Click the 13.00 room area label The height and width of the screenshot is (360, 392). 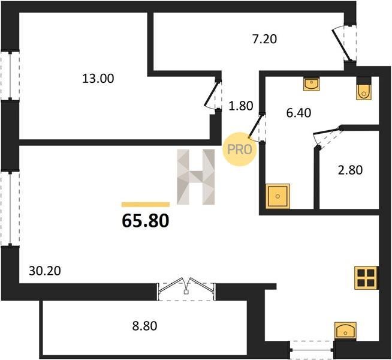click(x=98, y=79)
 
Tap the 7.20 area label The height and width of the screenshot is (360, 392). click(x=264, y=39)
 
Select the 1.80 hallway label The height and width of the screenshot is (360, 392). click(x=241, y=106)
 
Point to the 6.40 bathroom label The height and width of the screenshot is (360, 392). click(x=298, y=113)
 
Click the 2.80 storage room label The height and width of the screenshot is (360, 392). click(x=350, y=170)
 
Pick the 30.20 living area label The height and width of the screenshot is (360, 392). click(x=45, y=271)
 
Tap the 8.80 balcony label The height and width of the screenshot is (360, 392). click(x=144, y=326)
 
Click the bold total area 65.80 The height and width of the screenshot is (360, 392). click(x=146, y=221)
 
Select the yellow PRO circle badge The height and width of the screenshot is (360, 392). click(x=240, y=149)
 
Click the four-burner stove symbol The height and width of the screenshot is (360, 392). click(x=366, y=278)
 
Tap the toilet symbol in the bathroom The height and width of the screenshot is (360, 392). click(x=364, y=92)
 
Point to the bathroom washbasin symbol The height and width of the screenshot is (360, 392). click(x=312, y=84)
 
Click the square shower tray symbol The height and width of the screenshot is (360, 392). click(x=278, y=196)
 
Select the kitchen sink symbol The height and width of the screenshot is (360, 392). click(x=345, y=331)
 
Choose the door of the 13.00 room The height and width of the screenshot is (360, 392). click(x=213, y=95)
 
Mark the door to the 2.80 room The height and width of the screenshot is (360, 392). click(x=328, y=137)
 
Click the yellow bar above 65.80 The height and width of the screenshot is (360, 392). click(x=146, y=205)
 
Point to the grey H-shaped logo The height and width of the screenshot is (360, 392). click(x=196, y=177)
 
